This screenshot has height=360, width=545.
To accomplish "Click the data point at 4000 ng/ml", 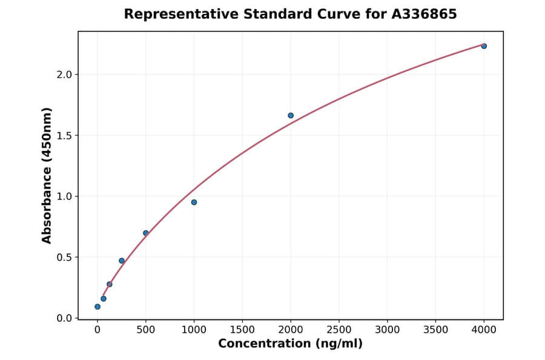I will tap(484, 46).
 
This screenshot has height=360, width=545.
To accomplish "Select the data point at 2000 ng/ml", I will tap(291, 115).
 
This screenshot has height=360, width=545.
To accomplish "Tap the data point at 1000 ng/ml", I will tap(194, 202).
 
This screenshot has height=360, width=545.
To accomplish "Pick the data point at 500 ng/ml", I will tap(146, 233).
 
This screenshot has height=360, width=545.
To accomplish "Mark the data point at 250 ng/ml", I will tap(122, 261).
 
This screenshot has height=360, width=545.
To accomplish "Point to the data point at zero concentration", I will tap(97, 307).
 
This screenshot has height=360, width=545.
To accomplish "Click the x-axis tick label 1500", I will tap(242, 330).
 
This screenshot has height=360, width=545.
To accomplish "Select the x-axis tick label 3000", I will tap(388, 330).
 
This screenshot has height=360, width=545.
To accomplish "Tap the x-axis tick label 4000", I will tap(484, 330).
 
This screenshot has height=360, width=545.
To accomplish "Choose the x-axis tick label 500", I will tap(146, 330).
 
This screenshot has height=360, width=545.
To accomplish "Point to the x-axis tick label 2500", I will tap(339, 330).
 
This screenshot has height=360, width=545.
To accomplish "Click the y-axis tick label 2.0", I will tap(64, 75).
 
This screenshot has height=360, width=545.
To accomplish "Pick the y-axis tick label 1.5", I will tap(64, 135).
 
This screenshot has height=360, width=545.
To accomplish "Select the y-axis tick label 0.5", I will tap(64, 257).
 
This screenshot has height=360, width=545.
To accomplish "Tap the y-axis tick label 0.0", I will tap(64, 318).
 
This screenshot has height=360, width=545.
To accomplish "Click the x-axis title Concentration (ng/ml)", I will tap(290, 344).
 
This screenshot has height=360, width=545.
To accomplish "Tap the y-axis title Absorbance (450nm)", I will tap(47, 175).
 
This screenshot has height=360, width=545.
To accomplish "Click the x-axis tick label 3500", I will tap(436, 330).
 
